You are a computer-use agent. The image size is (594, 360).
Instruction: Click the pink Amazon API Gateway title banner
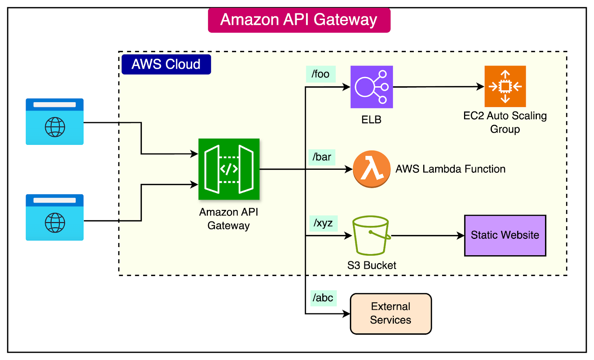point(299,20)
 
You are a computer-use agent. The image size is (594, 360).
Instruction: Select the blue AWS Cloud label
point(166,64)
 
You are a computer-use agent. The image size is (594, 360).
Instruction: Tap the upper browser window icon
point(55,121)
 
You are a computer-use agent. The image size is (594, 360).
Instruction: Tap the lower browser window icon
point(55,217)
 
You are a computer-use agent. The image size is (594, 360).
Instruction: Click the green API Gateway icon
point(229,169)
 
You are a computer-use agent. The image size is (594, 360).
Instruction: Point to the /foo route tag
point(321,74)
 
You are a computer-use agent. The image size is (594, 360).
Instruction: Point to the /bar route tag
point(322,157)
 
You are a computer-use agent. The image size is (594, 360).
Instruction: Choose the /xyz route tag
point(323,223)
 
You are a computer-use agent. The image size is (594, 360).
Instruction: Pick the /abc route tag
point(323,298)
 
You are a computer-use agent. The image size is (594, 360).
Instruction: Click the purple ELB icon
point(372,87)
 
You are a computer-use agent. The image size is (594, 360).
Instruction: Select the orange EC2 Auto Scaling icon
point(505,86)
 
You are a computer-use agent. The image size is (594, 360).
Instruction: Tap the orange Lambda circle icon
point(371,169)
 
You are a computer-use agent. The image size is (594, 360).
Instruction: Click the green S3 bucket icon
point(371,236)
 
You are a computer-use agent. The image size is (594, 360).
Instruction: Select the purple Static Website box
point(505,235)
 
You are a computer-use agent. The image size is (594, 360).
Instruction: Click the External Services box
point(391,314)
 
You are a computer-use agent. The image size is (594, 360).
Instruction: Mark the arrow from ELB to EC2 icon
point(438,87)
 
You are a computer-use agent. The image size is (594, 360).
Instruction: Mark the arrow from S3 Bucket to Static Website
point(427,236)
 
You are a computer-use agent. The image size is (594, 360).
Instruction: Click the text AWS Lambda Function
point(450,169)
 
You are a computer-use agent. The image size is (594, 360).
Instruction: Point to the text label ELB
point(371,120)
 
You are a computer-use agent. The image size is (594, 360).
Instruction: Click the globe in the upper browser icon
point(55,127)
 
